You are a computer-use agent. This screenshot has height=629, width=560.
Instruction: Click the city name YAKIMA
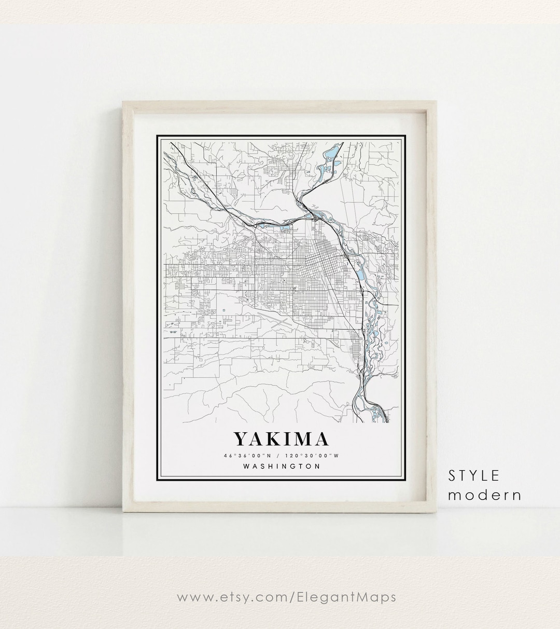pos(281,439)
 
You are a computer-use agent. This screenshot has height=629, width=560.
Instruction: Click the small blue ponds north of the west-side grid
pos(284,227)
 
